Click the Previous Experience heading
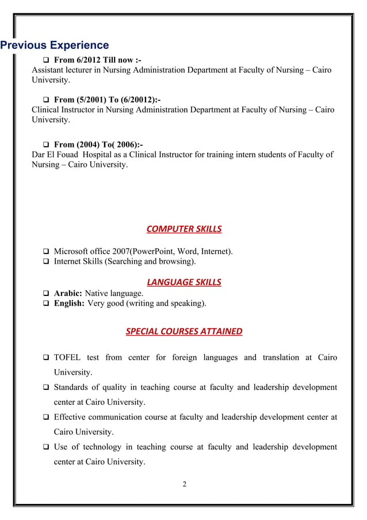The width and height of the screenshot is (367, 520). point(55,45)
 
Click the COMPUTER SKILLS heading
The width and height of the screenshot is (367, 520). point(183,229)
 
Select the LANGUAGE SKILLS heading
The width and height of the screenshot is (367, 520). point(183,282)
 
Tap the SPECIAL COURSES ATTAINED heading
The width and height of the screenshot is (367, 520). point(183,332)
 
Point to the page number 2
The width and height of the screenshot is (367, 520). point(184,484)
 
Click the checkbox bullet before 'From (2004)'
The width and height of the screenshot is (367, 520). point(46,144)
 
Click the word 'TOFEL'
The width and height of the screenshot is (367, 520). point(68,358)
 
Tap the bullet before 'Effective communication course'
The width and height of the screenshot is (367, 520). point(45,417)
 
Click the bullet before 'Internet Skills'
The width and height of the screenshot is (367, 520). point(45,262)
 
